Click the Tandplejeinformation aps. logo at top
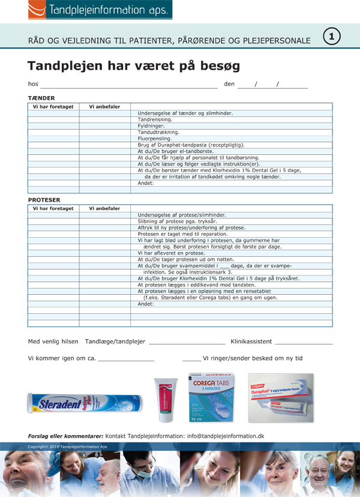pos(100,10)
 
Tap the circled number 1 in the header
pos(332,37)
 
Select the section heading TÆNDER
pos(41,98)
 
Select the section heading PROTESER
pos(44,200)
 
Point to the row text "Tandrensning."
pos(155,119)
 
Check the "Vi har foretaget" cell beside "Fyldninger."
pos(53,126)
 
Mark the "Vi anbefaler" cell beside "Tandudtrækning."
pos(104,132)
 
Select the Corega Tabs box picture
pos(215,398)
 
